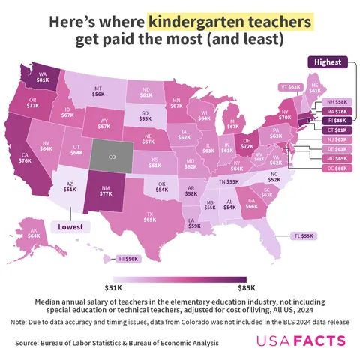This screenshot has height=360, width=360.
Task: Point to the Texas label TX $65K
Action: pyautogui.click(x=150, y=217)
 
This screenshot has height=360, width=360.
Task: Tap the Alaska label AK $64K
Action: pyautogui.click(x=34, y=232)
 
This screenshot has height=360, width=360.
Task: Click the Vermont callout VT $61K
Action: pyautogui.click(x=289, y=87)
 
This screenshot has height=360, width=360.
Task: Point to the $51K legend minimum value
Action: pyautogui.click(x=112, y=286)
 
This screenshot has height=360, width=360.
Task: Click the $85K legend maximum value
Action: pyautogui.click(x=246, y=286)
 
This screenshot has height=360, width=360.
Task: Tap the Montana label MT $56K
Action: pyautogui.click(x=98, y=91)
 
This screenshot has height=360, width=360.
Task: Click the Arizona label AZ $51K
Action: pyautogui.click(x=69, y=187)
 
